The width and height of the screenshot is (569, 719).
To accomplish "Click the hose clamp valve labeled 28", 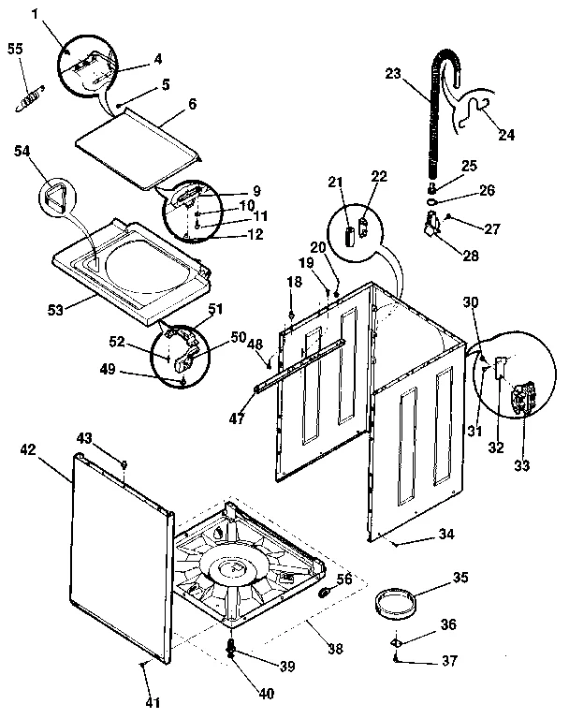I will pyautogui.click(x=432, y=226).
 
